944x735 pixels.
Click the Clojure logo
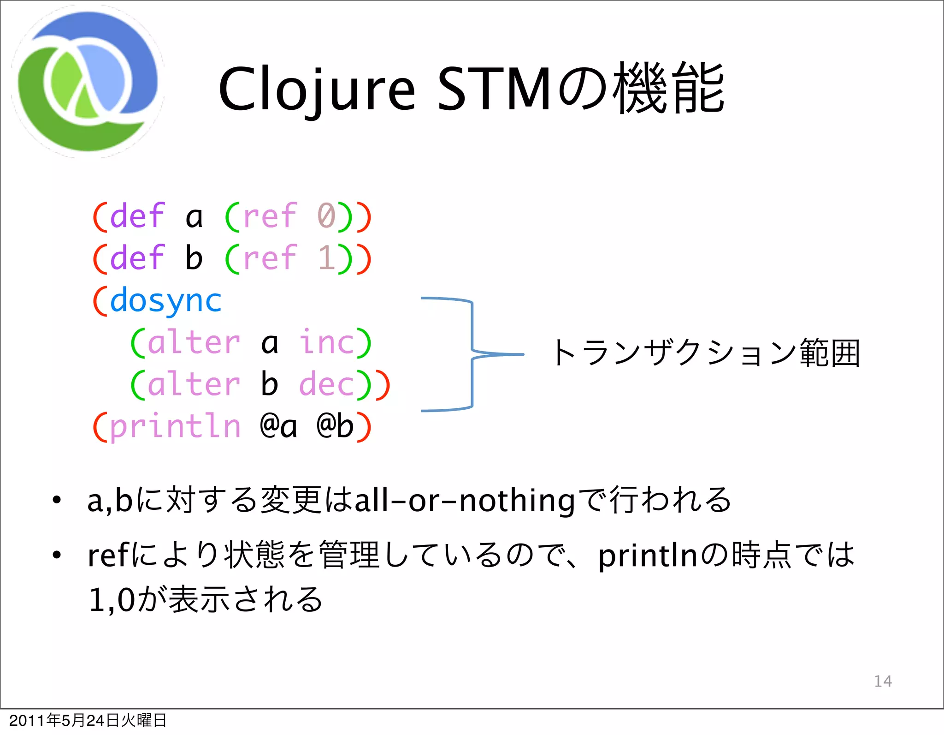(x=88, y=82)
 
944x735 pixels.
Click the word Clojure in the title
(x=317, y=89)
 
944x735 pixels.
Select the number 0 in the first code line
(x=326, y=216)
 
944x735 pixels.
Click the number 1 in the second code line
(x=326, y=258)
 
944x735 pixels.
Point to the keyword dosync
(x=166, y=301)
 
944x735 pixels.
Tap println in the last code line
(x=175, y=426)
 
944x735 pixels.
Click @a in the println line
(x=278, y=426)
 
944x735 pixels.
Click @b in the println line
(x=335, y=426)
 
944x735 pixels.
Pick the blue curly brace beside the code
(x=472, y=354)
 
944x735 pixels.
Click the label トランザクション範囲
(x=705, y=353)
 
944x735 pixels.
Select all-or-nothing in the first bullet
(x=465, y=501)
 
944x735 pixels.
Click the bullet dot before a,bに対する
(x=56, y=500)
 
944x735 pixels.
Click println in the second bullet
(x=648, y=556)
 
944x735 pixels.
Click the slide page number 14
(x=883, y=681)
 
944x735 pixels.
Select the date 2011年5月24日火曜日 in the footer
(x=88, y=720)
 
